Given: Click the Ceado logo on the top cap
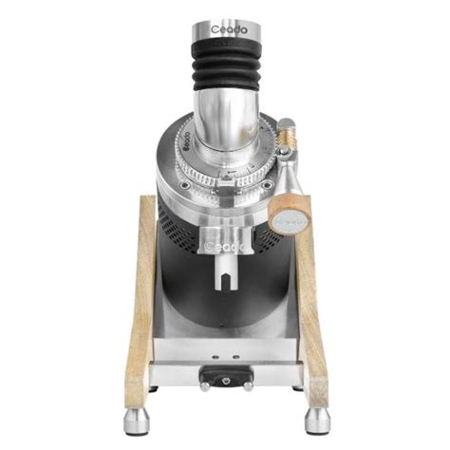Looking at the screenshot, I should (x=225, y=30).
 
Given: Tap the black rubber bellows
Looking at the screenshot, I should (x=225, y=66).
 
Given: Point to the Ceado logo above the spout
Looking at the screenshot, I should (x=225, y=244).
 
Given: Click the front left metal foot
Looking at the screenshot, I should (x=133, y=421).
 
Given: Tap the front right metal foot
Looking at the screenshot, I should (x=317, y=421).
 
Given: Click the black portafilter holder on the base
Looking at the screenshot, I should (x=225, y=378).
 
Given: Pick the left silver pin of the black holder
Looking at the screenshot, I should (x=203, y=387).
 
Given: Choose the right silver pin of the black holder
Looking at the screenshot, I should (x=247, y=387).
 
